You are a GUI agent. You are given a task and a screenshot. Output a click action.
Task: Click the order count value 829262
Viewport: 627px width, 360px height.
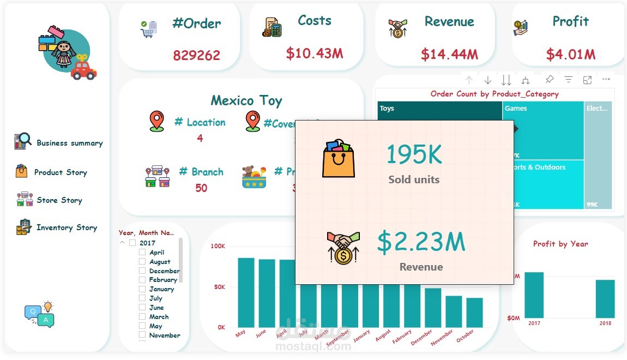coord(196,55)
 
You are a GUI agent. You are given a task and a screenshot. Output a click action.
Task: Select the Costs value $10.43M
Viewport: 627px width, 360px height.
coord(315,53)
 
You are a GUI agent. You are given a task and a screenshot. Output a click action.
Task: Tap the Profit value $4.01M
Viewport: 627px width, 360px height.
coord(570,55)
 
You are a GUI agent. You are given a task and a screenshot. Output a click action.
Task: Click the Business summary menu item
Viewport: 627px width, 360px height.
coord(69,143)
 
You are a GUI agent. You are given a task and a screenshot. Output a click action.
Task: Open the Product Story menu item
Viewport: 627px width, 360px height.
coord(61,172)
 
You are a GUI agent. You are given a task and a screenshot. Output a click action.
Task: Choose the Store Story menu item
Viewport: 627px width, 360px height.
coord(59,200)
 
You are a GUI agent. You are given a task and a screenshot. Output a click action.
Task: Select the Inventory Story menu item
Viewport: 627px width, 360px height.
coord(67,227)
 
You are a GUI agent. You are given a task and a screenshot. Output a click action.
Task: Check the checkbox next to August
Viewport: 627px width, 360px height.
coord(142,262)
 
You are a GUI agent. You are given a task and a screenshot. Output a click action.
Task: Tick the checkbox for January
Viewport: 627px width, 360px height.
coord(142,289)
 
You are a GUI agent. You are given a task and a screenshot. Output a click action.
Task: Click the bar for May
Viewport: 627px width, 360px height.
coord(246,292)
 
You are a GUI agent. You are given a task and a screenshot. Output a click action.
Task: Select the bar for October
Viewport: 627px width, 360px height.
coord(474,312)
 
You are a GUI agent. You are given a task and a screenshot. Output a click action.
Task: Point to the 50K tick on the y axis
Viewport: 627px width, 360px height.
coord(218,287)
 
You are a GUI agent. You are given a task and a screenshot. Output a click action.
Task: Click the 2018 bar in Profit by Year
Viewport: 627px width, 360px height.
coord(605,298)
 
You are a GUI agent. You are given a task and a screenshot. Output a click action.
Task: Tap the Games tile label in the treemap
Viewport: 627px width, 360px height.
coord(516,109)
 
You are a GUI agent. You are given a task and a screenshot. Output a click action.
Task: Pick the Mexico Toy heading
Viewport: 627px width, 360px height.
coord(246,101)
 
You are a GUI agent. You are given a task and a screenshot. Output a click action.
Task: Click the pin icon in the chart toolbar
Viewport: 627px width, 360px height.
coord(550,80)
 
